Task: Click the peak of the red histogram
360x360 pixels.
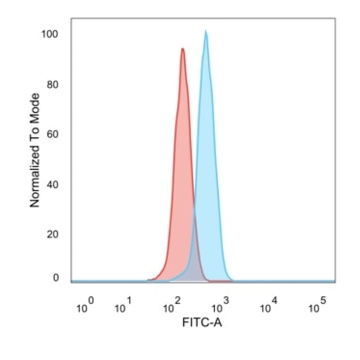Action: pyautogui.click(x=182, y=49)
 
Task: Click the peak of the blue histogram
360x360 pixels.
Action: pyautogui.click(x=205, y=32)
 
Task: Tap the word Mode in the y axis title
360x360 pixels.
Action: pyautogui.click(x=34, y=106)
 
